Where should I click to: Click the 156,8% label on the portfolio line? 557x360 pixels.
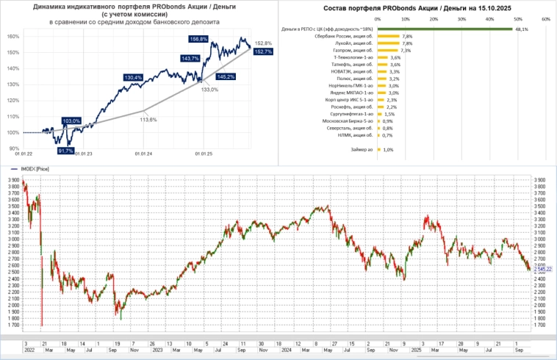tap(198, 39)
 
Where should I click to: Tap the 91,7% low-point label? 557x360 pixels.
tap(65, 150)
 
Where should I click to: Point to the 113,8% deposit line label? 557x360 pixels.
tap(150, 119)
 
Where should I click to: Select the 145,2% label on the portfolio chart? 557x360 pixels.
tap(226, 76)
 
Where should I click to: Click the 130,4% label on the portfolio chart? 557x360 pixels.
tap(134, 76)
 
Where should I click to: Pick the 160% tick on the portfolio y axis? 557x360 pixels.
tap(14, 36)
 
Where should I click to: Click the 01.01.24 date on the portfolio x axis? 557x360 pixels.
tap(143, 154)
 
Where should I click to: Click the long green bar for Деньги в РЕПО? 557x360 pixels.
tap(444, 29)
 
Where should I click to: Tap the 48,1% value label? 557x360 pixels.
tap(521, 29)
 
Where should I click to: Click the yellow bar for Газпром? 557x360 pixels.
tap(387, 51)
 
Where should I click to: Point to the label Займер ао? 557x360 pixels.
tap(363, 150)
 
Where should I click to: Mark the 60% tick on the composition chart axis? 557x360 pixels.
tap(545, 20)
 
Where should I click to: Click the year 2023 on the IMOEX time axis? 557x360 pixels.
tap(158, 350)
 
